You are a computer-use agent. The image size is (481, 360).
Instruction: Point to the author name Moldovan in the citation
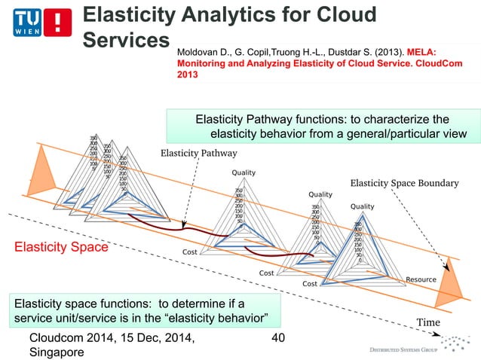tap(199, 53)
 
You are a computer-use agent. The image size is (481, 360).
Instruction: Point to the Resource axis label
tap(421, 279)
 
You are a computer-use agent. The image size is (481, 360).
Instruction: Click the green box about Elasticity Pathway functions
tap(323, 127)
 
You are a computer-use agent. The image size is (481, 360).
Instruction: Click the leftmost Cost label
tap(191, 252)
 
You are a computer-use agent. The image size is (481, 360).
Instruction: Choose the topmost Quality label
tap(243, 173)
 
